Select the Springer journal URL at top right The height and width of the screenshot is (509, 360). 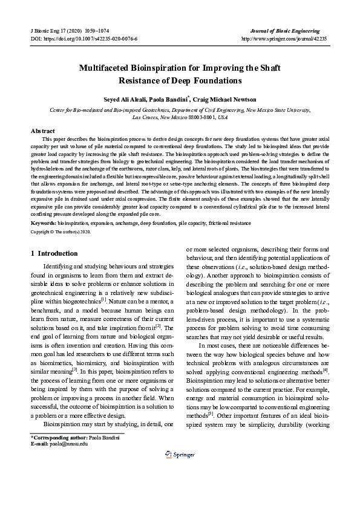coord(284,37)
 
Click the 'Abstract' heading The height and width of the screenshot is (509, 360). coord(42,131)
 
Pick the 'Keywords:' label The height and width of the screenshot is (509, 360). coord(44,206)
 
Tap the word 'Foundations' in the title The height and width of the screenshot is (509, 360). coord(215,80)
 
